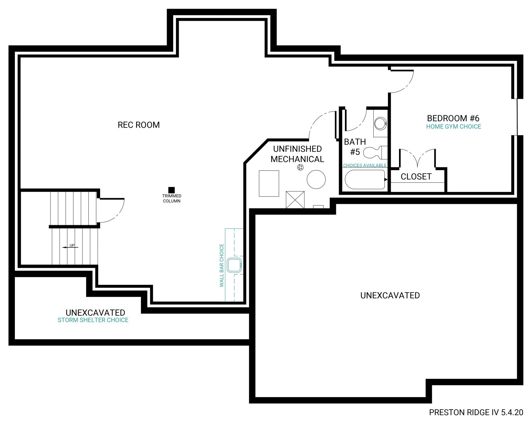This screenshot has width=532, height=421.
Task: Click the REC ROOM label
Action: pos(139,125)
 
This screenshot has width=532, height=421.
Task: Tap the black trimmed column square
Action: pos(171,190)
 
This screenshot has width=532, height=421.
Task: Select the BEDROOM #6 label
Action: pos(453,118)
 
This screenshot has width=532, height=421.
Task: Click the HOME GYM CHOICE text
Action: pos(453,127)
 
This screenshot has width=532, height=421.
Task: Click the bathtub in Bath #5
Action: pos(365,179)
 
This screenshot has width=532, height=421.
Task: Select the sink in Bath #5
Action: pos(380,123)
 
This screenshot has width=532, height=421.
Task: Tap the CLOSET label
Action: pos(416,177)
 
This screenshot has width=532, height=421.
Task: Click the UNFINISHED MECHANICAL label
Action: pos(297,154)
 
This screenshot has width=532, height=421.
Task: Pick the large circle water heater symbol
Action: pos(316,179)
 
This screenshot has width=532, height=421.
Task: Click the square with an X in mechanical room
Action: pos(295,200)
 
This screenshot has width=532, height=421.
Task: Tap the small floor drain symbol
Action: pos(300,168)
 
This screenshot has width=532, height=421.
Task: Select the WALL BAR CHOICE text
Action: pos(222,265)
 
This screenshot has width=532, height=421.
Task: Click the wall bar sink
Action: pos(234,265)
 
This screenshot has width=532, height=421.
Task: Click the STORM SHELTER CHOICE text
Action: pos(93,320)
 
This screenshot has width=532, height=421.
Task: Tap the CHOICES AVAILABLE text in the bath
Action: pos(365,165)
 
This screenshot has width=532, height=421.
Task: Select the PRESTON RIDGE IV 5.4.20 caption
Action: pos(476,412)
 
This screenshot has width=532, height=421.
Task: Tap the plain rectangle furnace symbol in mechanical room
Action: pos(269,184)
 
